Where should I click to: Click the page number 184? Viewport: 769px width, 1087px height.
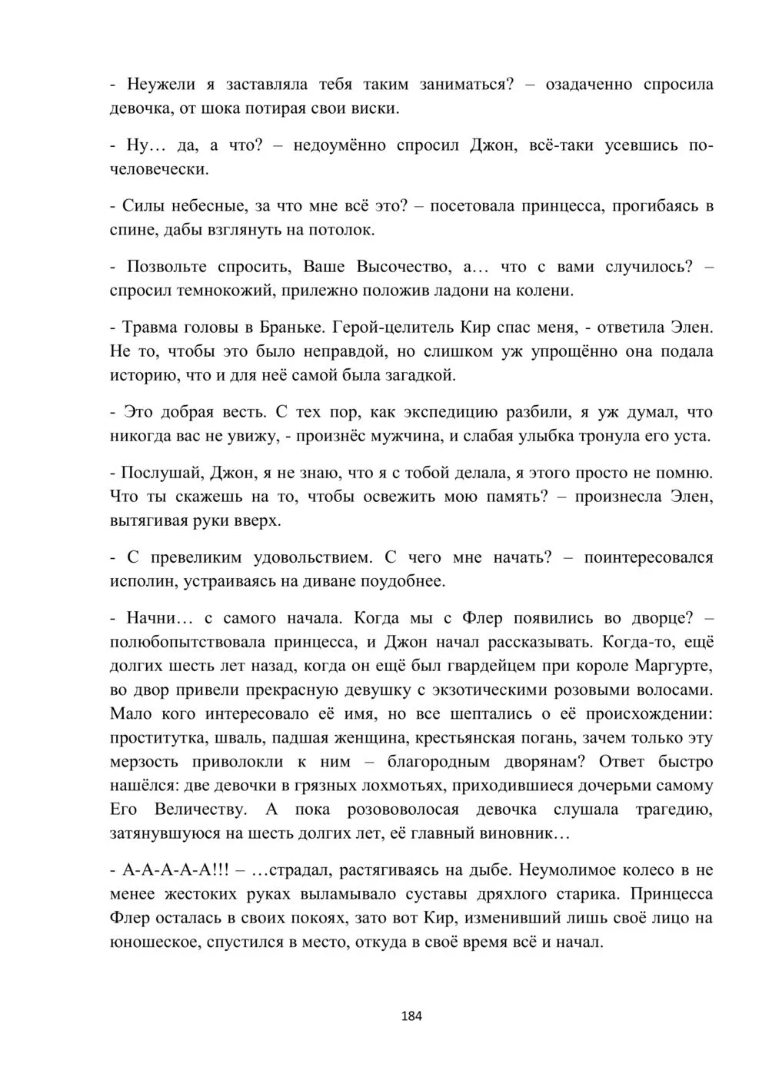pyautogui.click(x=412, y=1016)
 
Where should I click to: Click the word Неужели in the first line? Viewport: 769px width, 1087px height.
pyautogui.click(x=160, y=84)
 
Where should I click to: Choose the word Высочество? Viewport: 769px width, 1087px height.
pyautogui.click(x=403, y=267)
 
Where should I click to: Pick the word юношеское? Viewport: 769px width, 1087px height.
pyautogui.click(x=154, y=942)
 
